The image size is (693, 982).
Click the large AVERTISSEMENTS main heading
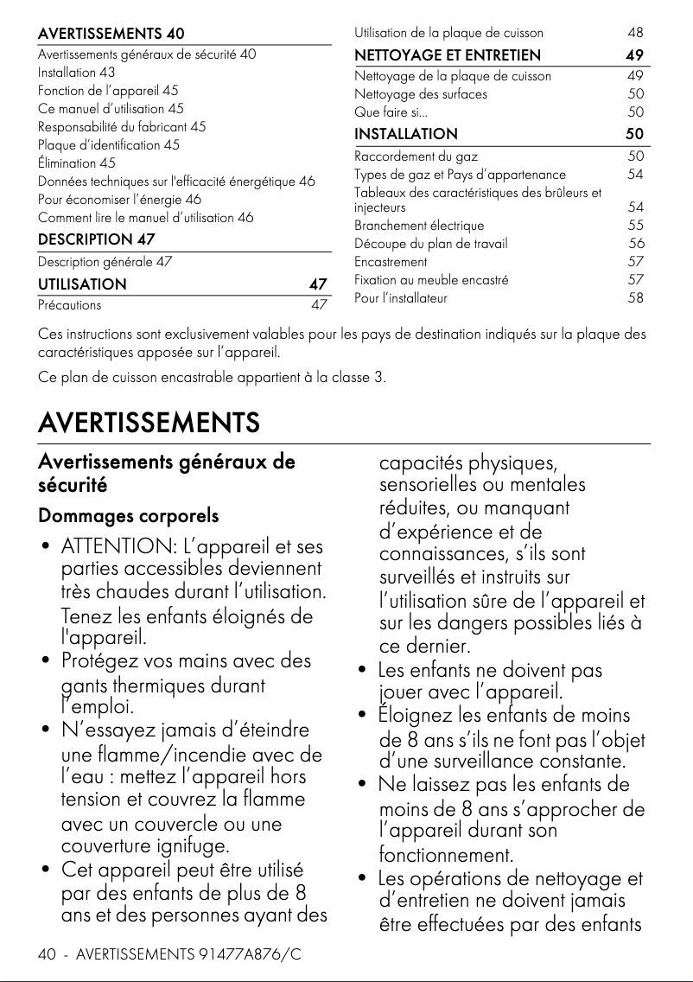(x=149, y=424)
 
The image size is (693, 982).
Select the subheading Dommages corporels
(x=128, y=516)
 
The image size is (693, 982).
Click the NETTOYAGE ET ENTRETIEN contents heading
(x=448, y=55)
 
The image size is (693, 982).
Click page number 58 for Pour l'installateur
(x=635, y=298)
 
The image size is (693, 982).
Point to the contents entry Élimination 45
(x=76, y=163)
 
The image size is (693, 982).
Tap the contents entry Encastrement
(x=391, y=262)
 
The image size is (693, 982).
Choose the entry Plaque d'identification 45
(x=108, y=145)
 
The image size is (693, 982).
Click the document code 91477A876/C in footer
(x=251, y=955)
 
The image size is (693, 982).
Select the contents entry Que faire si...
(x=391, y=112)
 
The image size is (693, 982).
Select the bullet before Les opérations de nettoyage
(x=364, y=880)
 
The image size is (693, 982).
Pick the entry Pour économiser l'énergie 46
(x=119, y=199)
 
